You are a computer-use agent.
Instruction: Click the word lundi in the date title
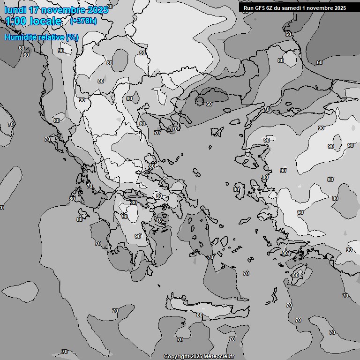tap(13, 10)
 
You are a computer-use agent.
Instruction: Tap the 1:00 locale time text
tap(33, 21)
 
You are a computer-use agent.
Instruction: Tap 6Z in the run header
tap(270, 8)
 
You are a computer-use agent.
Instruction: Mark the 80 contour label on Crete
tap(200, 315)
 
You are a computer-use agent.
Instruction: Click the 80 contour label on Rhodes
tap(295, 275)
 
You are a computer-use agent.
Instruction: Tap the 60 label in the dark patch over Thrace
tap(209, 104)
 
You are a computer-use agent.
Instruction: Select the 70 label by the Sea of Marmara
tap(267, 110)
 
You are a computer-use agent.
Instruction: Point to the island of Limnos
tap(216, 132)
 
